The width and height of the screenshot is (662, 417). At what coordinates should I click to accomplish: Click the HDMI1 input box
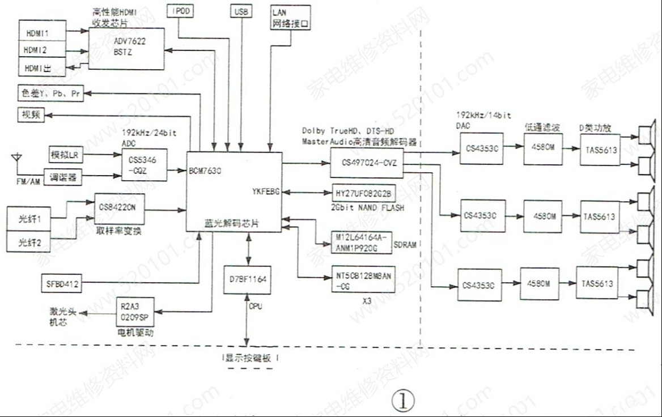tap(41, 32)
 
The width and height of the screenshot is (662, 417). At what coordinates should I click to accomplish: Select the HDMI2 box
tap(41, 50)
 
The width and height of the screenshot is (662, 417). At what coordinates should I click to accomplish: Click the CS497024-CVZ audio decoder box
tap(366, 164)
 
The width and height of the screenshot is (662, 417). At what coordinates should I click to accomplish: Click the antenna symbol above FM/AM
tap(16, 155)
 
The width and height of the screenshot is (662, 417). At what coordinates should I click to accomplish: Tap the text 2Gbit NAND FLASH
tap(368, 208)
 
